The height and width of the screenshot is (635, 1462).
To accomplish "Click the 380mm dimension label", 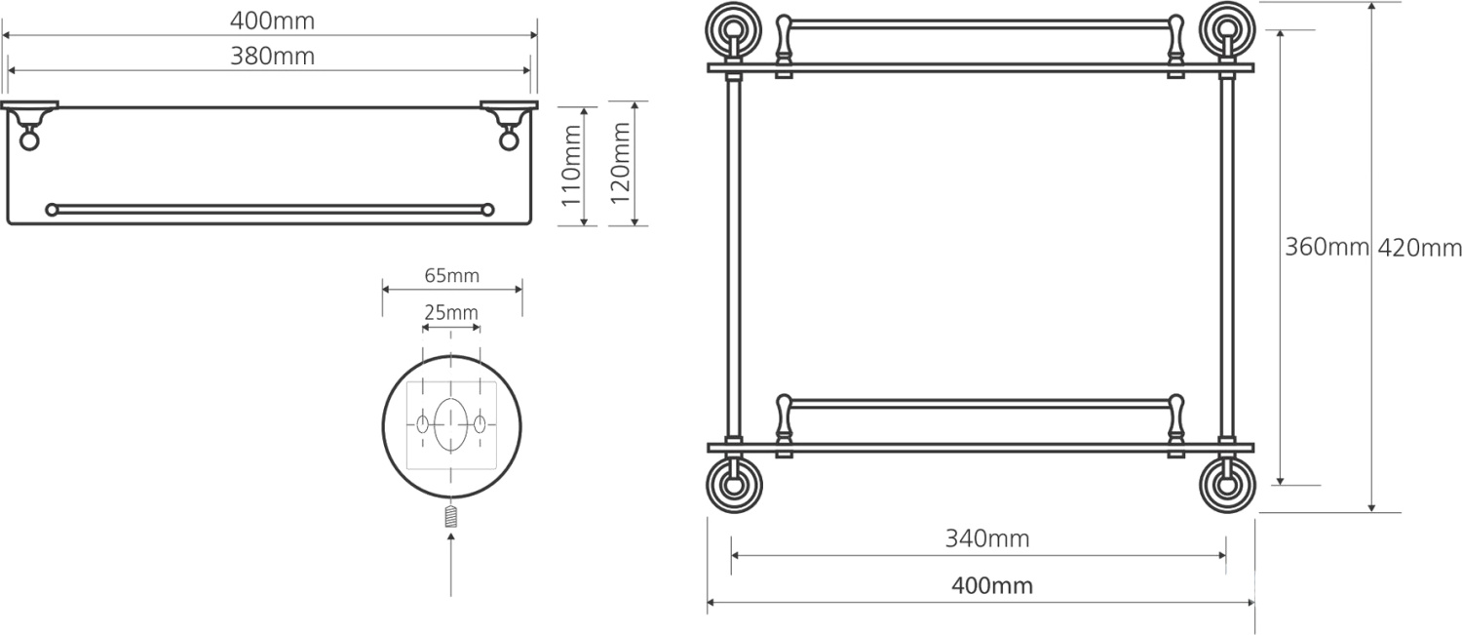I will (272, 57).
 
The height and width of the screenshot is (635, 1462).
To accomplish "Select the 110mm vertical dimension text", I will (572, 167).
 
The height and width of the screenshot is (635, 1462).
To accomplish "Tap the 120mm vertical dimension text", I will (621, 167).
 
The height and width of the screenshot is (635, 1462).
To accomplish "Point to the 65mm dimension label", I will (451, 276).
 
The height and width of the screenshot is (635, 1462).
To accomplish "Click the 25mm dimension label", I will (451, 313).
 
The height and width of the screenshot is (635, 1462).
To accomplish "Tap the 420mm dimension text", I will (1419, 248).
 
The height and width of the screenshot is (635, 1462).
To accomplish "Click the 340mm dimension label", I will (986, 538).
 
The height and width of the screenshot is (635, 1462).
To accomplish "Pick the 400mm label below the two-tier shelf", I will (991, 586).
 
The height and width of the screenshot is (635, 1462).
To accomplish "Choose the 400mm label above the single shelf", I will (272, 20).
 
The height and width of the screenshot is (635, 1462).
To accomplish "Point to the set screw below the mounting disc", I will (451, 517).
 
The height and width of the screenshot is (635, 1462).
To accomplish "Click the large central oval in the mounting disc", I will (451, 426).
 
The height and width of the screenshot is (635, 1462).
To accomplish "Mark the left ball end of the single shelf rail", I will (52, 209).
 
